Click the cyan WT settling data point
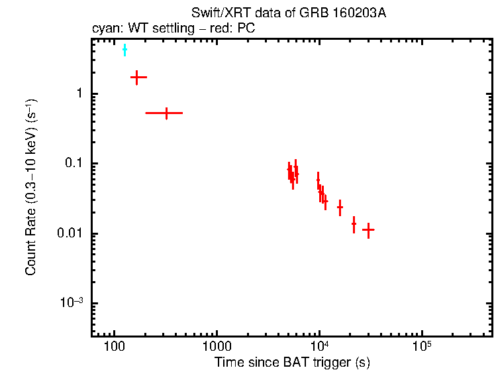[x=124, y=50]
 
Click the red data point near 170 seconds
[x=137, y=78]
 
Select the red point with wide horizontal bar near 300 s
[x=166, y=113]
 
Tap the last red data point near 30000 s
[x=368, y=229]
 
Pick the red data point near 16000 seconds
[x=340, y=208]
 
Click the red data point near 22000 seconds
[x=354, y=224]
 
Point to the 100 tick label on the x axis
[x=115, y=347]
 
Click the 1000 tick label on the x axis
[x=217, y=347]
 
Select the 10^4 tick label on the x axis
[x=319, y=347]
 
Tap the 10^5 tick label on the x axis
[x=421, y=347]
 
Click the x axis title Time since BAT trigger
[x=291, y=362]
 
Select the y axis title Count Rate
[x=31, y=188]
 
